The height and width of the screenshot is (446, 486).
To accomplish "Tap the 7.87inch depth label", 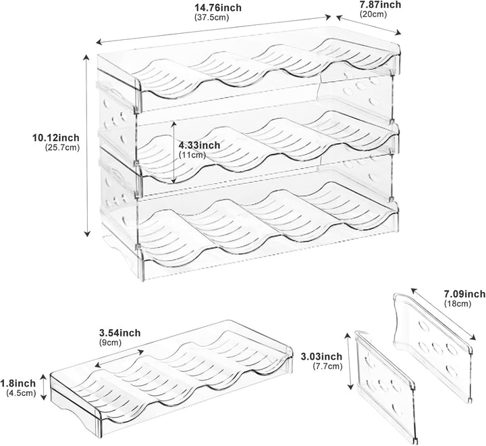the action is pos(380,5).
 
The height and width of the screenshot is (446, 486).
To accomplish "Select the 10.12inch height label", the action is pos(56,137).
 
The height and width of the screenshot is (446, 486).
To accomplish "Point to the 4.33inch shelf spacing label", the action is pos(199,145).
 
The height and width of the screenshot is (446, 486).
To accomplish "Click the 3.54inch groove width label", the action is pos(119,333).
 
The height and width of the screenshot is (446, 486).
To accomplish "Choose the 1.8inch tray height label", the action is pos(18,383).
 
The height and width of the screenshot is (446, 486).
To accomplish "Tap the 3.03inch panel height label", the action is pos(322,356).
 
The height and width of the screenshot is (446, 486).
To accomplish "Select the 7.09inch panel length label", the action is pos(464,293).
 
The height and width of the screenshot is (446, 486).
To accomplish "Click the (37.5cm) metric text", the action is pos(212,18).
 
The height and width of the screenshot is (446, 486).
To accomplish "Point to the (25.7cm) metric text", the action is pos(62,147).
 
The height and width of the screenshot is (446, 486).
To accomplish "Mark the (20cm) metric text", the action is pos(373,14).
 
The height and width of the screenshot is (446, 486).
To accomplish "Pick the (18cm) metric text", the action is pos(458,303).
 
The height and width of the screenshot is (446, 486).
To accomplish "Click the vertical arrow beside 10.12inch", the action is pos(88,145).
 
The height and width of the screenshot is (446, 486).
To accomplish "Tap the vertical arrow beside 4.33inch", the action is pos(175,153).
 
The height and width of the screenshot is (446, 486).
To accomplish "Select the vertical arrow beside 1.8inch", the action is pos(44,387).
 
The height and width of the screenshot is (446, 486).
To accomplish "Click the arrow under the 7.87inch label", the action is pos(369,26).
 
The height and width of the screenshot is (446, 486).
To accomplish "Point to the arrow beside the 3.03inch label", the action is pos(350,361).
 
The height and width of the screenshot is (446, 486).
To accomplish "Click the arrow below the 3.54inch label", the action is pos(119,358).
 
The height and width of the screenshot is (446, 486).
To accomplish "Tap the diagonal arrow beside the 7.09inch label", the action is pos(443,315).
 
